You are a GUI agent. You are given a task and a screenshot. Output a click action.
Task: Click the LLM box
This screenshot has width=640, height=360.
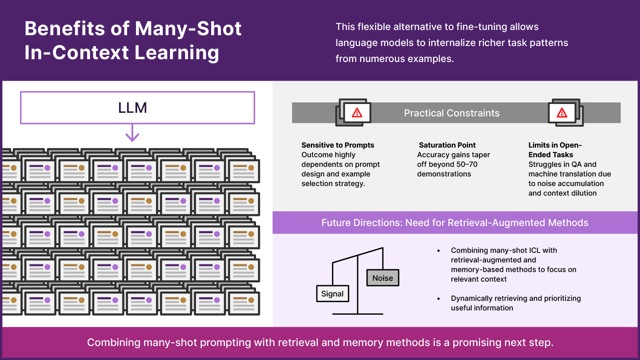(137, 108)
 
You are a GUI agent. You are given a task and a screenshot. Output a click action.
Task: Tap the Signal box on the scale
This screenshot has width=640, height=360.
(332, 294)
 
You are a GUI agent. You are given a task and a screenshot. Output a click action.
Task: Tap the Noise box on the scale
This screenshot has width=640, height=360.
(383, 278)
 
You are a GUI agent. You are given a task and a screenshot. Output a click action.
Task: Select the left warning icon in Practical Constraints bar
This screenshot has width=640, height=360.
(357, 113)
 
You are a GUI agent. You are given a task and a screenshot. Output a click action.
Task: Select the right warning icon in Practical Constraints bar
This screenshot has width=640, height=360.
(562, 113)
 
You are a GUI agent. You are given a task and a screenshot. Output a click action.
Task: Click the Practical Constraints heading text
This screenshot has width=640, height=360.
(452, 113)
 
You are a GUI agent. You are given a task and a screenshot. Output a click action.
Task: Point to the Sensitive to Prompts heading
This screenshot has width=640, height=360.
(338, 145)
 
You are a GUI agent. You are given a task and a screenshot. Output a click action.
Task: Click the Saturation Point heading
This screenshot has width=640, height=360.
(447, 145)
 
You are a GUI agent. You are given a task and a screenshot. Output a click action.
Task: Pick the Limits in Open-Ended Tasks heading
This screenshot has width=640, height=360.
(555, 150)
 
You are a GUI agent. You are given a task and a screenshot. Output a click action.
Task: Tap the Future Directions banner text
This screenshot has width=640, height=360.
(455, 223)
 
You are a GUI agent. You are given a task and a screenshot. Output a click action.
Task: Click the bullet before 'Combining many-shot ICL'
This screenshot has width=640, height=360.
(438, 251)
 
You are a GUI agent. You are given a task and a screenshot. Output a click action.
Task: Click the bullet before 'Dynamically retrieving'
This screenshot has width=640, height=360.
(438, 299)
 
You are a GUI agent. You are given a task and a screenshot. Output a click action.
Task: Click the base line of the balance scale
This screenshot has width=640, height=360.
(358, 314)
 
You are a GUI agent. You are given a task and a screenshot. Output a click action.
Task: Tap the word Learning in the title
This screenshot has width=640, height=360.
(177, 53)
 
